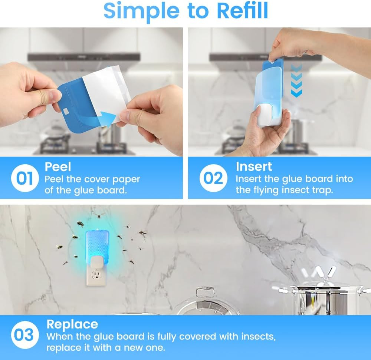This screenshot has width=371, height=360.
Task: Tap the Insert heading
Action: pyautogui.click(x=254, y=167)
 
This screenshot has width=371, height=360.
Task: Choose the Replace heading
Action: pyautogui.click(x=72, y=324)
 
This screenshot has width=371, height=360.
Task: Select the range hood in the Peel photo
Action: pyautogui.click(x=83, y=57)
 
